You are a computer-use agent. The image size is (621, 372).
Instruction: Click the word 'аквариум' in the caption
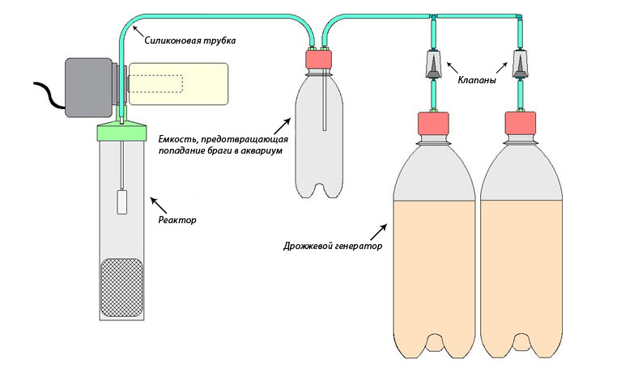(x=257, y=150)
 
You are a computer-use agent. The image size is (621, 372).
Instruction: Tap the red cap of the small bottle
(x=321, y=60)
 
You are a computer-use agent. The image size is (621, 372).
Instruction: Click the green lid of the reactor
(x=121, y=132)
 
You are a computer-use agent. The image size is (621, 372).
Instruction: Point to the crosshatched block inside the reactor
(x=121, y=288)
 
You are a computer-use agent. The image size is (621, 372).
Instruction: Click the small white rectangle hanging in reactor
(x=121, y=201)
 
